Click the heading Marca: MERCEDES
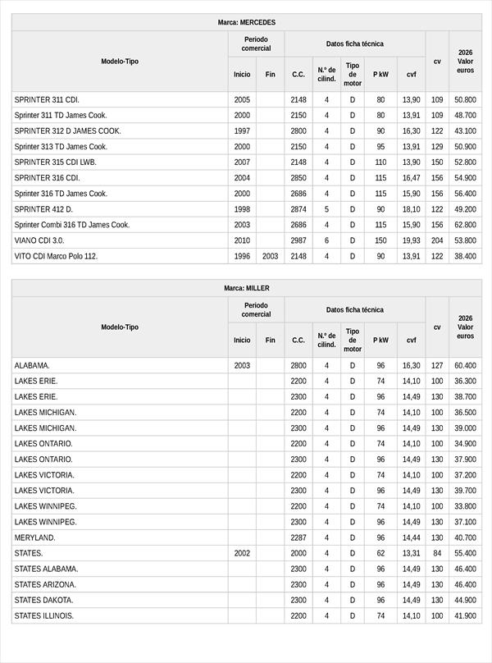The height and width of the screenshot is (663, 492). [247, 22]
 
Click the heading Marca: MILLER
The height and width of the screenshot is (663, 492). [247, 288]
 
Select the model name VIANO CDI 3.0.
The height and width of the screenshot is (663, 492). [39, 240]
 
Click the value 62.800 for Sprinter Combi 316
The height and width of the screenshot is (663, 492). [465, 225]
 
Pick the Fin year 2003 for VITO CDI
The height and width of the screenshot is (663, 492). [270, 256]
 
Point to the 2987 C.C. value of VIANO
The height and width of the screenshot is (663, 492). [298, 240]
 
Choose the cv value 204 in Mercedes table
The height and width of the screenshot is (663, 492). [437, 240]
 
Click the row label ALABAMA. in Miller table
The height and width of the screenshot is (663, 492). [32, 365]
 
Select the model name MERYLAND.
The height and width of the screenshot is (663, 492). [35, 537]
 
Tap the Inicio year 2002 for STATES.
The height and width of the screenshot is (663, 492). [242, 553]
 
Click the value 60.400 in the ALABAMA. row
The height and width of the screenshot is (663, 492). [465, 365]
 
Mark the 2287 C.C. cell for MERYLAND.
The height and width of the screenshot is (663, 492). [298, 537]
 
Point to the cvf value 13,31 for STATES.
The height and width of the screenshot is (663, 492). [411, 553]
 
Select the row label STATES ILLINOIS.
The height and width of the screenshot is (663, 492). [44, 615]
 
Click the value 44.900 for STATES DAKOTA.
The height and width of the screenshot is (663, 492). [465, 600]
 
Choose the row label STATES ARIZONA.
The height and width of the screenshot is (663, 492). [45, 584]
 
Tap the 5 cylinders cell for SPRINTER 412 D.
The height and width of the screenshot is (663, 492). [326, 209]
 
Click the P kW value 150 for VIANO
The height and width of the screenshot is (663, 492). [380, 240]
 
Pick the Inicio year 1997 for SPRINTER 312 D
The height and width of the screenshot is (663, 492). [242, 130]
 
